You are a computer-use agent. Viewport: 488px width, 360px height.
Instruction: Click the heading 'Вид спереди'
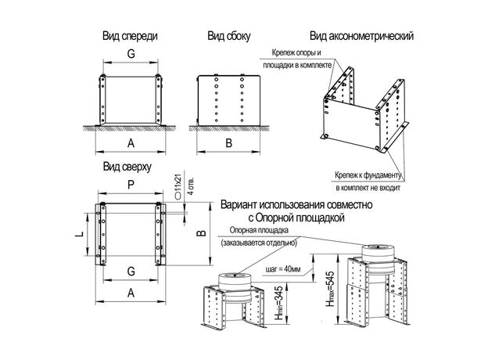pos(131,36)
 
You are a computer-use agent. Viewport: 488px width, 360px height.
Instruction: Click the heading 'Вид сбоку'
pos(228,36)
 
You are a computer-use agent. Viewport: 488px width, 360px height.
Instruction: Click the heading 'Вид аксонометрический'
pos(361,36)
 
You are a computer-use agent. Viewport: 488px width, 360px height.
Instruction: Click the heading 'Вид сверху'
pos(127,167)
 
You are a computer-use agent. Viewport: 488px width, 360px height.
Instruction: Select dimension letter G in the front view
pos(131,54)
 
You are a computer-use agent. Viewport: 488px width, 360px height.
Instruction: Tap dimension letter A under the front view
pos(131,142)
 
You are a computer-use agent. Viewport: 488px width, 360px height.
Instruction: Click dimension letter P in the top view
pos(131,185)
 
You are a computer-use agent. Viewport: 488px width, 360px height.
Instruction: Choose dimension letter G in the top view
pos(131,271)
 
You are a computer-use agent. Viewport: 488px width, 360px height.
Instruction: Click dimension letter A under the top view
pos(131,291)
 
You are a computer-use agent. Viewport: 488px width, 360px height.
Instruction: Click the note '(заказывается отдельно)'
pos(257,243)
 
